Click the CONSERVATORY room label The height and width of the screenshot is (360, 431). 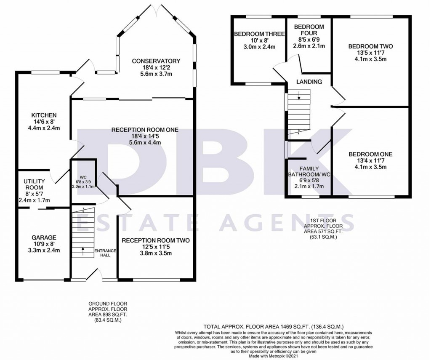(156, 61)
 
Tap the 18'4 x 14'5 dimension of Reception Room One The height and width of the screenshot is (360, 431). (144, 136)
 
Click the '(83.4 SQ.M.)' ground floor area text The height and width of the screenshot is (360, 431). (107, 320)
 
